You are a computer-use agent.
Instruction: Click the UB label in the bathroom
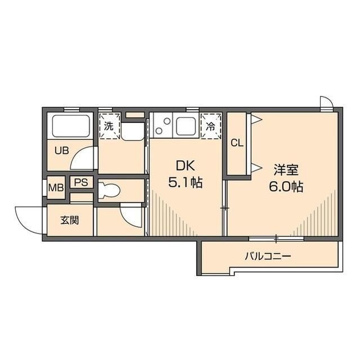[61, 151]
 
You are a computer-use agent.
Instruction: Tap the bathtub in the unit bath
[71, 126]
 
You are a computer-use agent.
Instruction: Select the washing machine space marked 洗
[109, 126]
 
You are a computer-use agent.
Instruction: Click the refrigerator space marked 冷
[211, 126]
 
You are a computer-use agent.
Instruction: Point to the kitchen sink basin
[186, 126]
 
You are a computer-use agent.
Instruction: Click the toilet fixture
[109, 191]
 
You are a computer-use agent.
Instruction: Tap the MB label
[56, 188]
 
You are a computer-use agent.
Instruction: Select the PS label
[81, 182]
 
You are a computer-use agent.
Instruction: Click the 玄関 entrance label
[70, 221]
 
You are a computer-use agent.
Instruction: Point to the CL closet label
[237, 143]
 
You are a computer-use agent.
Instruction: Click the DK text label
[185, 166]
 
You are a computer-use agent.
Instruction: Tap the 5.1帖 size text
[185, 183]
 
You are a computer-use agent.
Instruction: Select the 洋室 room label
[286, 170]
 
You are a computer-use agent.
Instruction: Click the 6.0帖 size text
[286, 187]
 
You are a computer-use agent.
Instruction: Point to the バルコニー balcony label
[268, 256]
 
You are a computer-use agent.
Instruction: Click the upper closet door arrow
[256, 119]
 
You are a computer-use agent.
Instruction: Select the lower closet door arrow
[256, 168]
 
